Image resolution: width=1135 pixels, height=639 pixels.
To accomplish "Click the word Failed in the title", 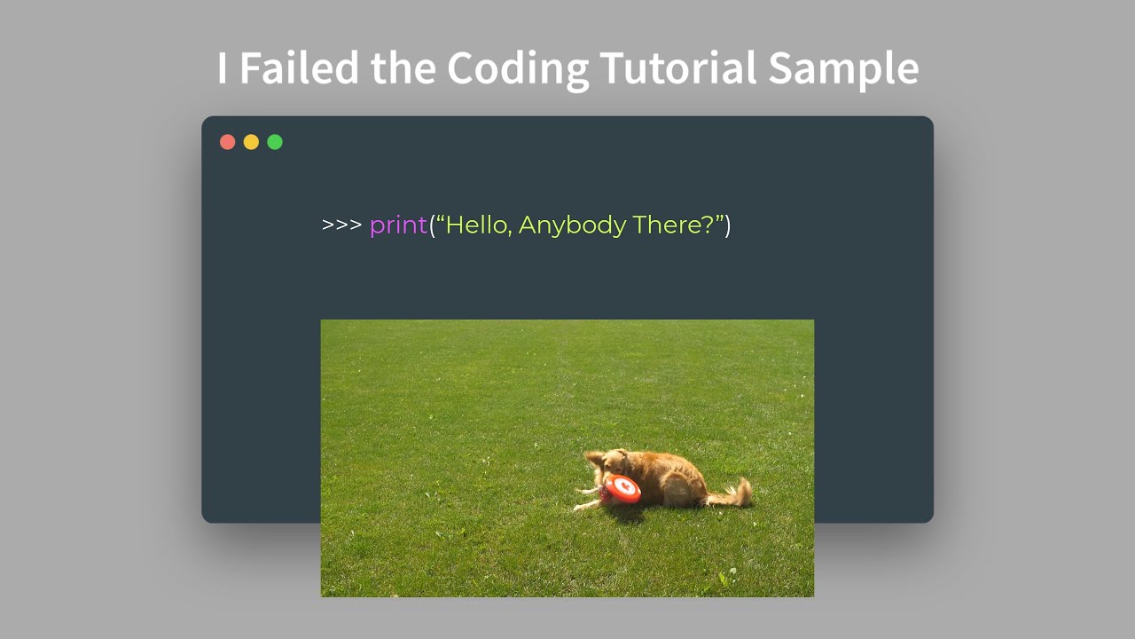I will (300, 68).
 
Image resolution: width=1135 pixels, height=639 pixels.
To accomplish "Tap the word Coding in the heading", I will (518, 68).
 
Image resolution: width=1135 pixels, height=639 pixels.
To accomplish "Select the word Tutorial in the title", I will (677, 68).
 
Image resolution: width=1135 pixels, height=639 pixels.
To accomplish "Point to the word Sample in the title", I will (843, 68).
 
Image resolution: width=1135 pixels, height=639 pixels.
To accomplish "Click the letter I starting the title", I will (222, 68).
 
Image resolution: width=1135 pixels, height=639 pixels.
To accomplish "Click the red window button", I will (228, 142).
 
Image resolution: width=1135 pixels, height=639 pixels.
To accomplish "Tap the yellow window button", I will (251, 142).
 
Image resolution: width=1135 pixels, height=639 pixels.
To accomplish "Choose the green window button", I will (275, 142).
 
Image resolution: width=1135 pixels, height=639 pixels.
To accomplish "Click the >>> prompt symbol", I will (341, 225).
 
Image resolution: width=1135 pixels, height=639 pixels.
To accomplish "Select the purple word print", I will (398, 225).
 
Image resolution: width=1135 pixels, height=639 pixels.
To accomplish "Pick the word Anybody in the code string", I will (572, 225).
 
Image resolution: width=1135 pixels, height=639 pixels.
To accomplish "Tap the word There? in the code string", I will (676, 225).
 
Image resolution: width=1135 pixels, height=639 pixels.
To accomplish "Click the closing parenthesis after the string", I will (728, 225).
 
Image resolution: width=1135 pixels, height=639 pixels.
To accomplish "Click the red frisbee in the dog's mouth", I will (624, 487).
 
